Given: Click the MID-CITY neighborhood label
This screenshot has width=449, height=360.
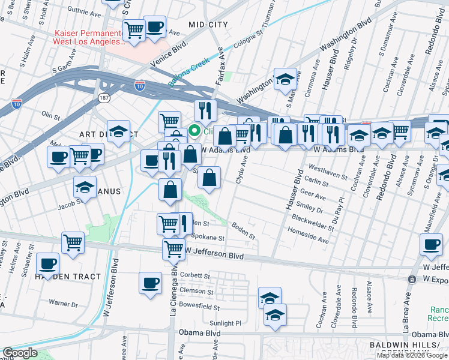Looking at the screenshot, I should [x=208, y=25].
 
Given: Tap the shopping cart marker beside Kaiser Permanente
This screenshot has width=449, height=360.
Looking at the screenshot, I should [x=134, y=29].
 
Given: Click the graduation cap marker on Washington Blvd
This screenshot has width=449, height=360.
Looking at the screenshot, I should [x=285, y=79].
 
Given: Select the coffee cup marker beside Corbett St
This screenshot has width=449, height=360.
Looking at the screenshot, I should [x=150, y=283].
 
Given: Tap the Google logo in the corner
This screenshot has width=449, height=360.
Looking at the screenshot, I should [x=20, y=353].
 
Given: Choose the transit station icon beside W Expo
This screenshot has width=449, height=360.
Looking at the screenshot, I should [x=412, y=280].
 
